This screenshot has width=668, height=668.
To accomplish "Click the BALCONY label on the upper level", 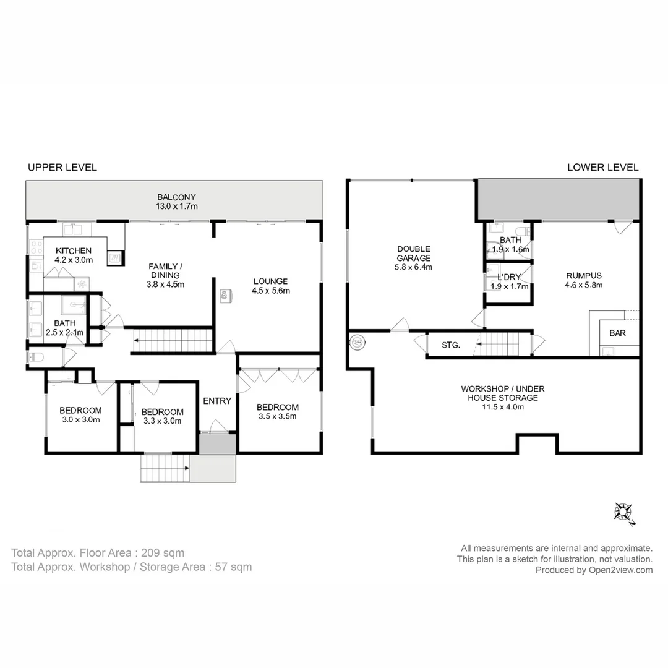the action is pyautogui.click(x=176, y=197).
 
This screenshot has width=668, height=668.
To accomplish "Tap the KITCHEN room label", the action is pyautogui.click(x=73, y=250).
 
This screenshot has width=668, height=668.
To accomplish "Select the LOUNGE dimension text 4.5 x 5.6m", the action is pyautogui.click(x=271, y=291).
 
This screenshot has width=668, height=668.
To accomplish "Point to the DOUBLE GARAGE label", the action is pyautogui.click(x=414, y=254).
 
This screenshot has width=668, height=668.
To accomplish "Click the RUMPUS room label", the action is pyautogui.click(x=584, y=276).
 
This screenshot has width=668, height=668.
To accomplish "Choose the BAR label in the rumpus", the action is pyautogui.click(x=617, y=333).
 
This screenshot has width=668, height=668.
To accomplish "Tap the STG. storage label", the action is pyautogui.click(x=451, y=345).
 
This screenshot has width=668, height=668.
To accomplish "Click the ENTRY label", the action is pyautogui.click(x=217, y=401).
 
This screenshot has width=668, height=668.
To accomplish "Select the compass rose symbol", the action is pyautogui.click(x=624, y=513).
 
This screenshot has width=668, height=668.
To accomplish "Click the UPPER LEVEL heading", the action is pyautogui.click(x=62, y=168).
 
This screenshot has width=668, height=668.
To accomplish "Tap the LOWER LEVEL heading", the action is pyautogui.click(x=602, y=168).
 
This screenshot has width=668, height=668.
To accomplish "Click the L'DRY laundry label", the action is pyautogui.click(x=508, y=277).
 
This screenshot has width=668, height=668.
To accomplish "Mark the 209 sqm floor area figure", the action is pyautogui.click(x=163, y=553).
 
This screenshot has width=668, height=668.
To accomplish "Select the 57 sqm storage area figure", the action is pyautogui.click(x=233, y=567).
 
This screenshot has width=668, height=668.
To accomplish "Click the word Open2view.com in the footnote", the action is pyautogui.click(x=620, y=570).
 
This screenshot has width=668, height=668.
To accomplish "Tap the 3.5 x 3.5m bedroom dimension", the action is pyautogui.click(x=277, y=417).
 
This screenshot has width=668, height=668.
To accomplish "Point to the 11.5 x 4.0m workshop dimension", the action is pyautogui.click(x=503, y=407).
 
